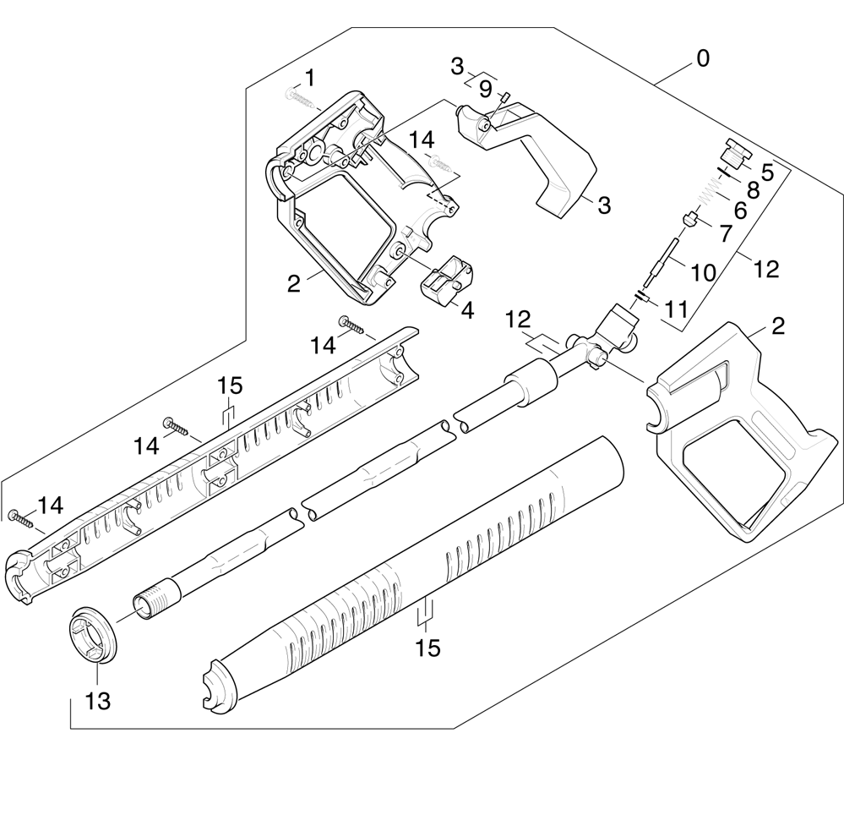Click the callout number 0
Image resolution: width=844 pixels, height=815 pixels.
[703, 58]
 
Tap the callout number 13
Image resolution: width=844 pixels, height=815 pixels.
[98, 701]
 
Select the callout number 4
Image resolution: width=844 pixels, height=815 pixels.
[468, 310]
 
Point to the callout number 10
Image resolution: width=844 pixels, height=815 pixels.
[703, 272]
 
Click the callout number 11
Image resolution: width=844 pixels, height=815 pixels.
[676, 309]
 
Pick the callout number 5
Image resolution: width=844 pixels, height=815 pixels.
[767, 173]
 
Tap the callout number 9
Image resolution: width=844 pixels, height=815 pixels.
[486, 89]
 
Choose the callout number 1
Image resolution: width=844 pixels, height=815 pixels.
[310, 78]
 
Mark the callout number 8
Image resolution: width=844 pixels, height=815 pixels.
[753, 190]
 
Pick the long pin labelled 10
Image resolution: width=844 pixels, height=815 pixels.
[659, 264]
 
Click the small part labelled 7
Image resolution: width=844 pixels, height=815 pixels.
[690, 221]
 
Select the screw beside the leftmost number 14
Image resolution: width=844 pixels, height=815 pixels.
[21, 517]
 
